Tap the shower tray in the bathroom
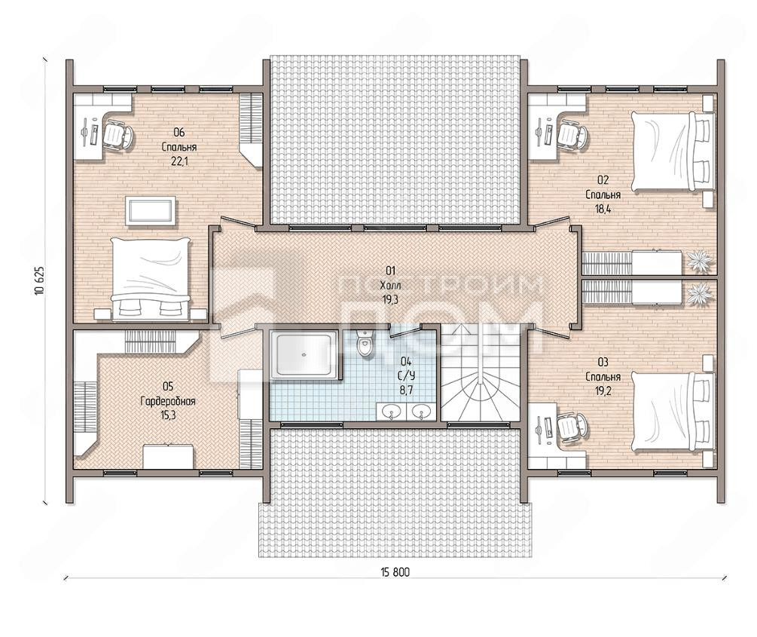304,355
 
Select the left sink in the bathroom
390,412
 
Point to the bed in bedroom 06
150,278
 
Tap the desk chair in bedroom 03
572,426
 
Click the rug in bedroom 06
151,210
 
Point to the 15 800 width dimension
395,573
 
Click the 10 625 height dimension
40,280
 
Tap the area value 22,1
179,161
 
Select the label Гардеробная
167,401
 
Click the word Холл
390,285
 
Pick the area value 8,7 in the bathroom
407,390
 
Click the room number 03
603,362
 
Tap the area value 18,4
603,209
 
